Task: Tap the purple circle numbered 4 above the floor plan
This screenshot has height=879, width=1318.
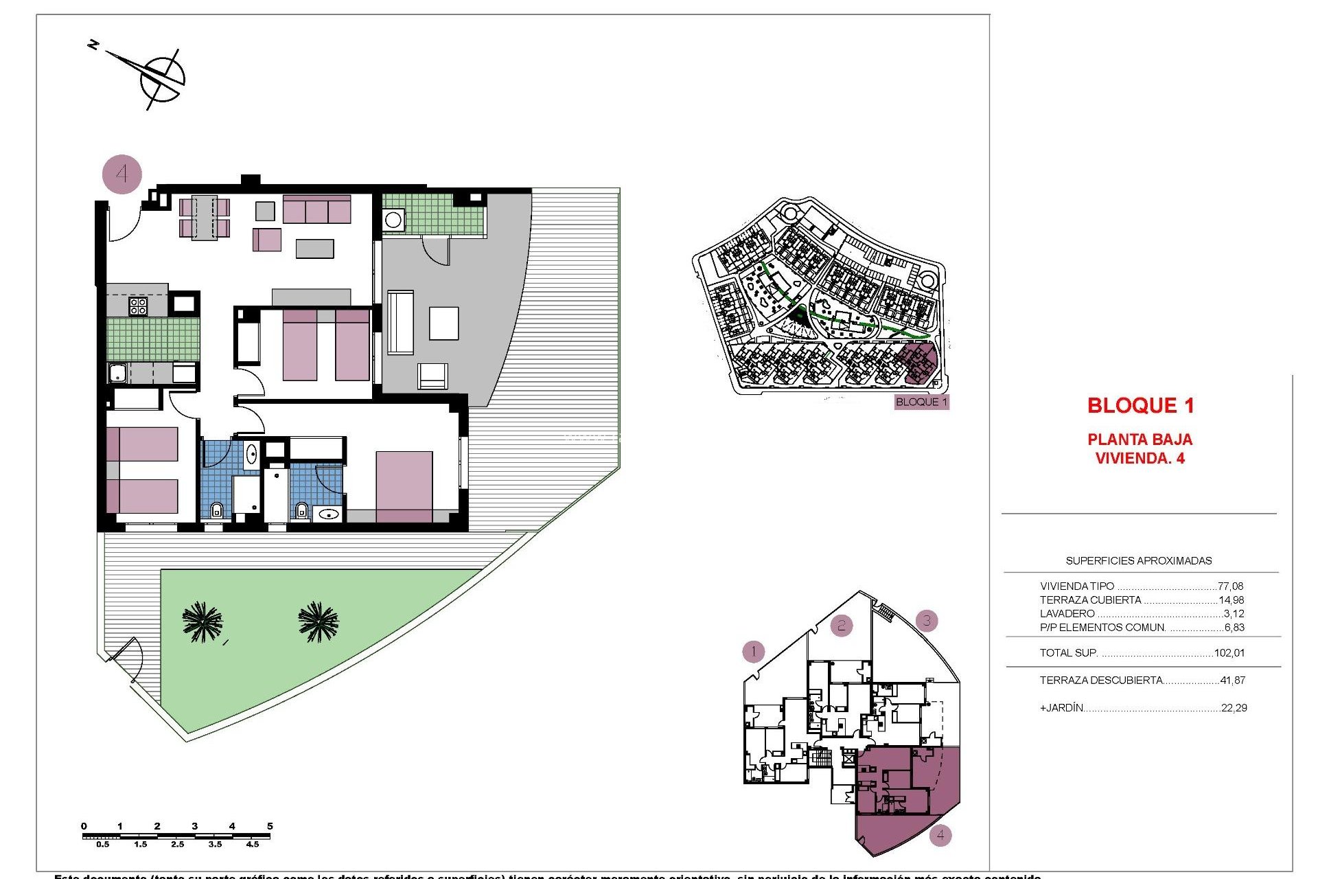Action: (x=122, y=174)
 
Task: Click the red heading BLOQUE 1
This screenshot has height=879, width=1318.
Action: (x=1140, y=406)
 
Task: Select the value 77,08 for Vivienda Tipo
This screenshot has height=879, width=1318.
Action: (x=1230, y=586)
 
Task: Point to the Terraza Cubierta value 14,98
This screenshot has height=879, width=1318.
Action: (x=1231, y=600)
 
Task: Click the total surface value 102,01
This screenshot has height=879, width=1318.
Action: (x=1229, y=653)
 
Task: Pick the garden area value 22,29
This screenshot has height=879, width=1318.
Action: (x=1234, y=708)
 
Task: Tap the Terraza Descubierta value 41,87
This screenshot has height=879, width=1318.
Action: (x=1232, y=681)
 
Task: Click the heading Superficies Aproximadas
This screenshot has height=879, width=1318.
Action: (x=1138, y=561)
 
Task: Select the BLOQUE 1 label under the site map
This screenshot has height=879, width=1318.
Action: (x=921, y=402)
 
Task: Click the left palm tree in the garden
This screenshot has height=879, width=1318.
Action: (x=203, y=621)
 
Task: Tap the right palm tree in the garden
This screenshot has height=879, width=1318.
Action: (x=319, y=621)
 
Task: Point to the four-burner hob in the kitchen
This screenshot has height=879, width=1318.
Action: (x=138, y=306)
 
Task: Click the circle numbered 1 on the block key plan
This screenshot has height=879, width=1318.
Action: (x=753, y=651)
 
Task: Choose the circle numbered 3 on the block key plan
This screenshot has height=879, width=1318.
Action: (x=927, y=621)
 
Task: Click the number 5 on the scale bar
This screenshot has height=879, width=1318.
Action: (x=270, y=826)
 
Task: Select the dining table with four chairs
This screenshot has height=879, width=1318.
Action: (x=204, y=218)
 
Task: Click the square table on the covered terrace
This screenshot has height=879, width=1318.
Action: (x=443, y=323)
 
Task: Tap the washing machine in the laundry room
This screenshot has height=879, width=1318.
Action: (x=393, y=220)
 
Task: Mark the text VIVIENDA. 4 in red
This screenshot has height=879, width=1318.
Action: (x=1140, y=459)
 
